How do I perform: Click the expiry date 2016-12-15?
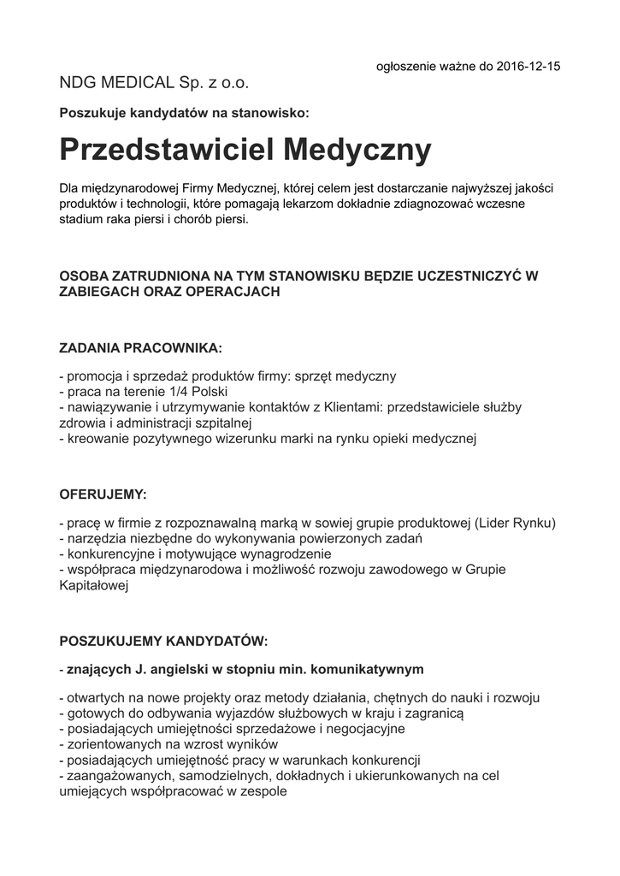(x=524, y=66)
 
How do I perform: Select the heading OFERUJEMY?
(x=103, y=494)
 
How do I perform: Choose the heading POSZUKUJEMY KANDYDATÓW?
(x=163, y=641)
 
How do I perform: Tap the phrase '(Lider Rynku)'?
(x=515, y=523)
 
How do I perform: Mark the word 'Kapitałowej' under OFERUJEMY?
(x=93, y=586)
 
